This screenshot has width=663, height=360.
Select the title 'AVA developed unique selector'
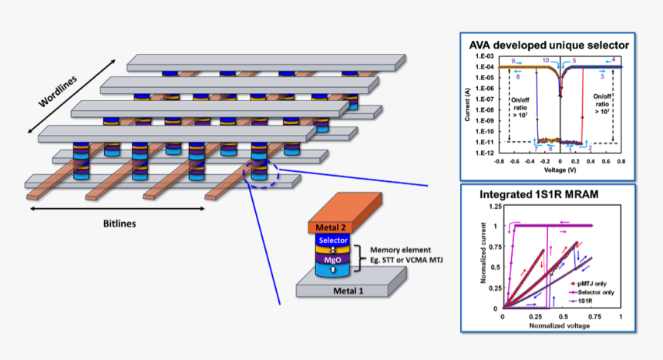(549, 45)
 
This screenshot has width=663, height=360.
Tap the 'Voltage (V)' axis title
(559, 169)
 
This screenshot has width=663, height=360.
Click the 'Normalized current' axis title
(484, 257)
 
